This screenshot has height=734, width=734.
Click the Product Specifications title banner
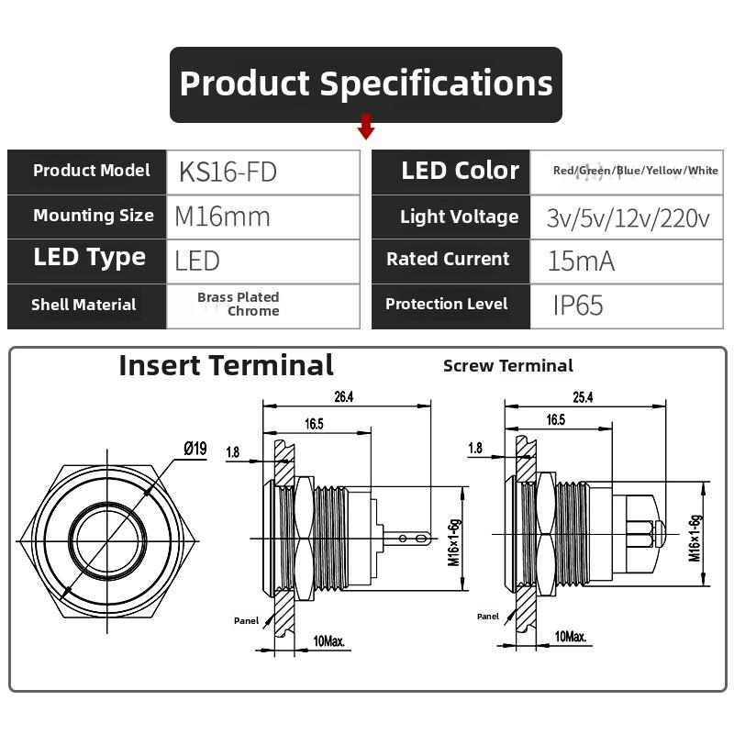366,83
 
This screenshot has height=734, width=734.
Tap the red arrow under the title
366,127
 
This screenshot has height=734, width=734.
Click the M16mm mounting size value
223,217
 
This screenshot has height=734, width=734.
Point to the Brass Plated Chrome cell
239,304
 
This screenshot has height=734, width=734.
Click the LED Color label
460,171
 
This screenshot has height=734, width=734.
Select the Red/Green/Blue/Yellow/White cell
635,171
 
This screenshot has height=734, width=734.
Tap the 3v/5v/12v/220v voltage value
628,217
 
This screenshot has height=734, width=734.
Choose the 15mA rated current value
581,261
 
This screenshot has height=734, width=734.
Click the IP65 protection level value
578,305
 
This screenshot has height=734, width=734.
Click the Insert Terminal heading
226,365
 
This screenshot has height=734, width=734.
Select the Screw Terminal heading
507,366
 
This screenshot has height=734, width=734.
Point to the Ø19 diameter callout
195,449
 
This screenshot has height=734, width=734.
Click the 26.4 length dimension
344,397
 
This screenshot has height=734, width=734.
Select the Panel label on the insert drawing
246,620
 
